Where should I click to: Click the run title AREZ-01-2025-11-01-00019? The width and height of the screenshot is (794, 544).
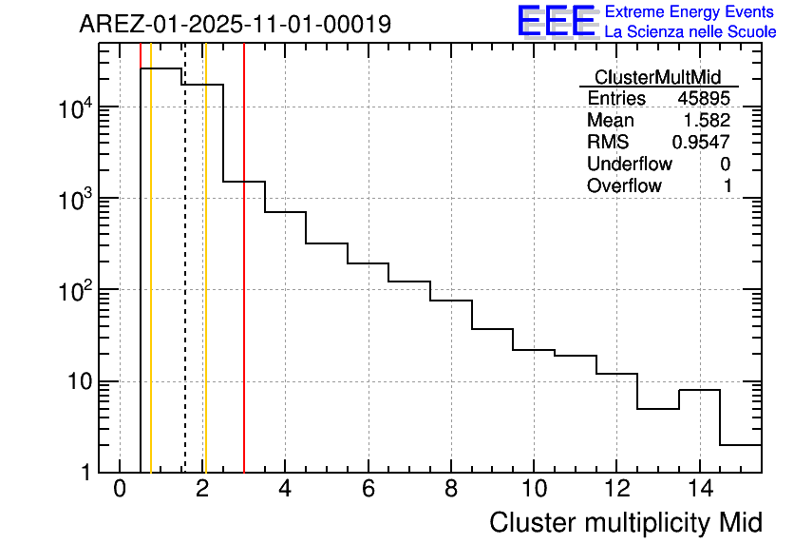[235, 24]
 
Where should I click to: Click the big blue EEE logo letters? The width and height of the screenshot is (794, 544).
[557, 21]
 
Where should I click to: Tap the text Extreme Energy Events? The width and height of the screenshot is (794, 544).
[690, 12]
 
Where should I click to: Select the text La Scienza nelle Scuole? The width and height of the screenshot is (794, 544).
[690, 32]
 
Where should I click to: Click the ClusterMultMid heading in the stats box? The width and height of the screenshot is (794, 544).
[657, 78]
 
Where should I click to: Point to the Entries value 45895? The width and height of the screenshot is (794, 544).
[704, 99]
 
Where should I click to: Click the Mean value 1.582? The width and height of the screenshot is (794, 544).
[708, 121]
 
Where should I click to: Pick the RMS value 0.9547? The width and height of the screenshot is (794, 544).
[701, 143]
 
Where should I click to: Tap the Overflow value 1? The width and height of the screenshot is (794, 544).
[728, 186]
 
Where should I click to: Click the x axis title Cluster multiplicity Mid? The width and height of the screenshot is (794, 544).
[625, 522]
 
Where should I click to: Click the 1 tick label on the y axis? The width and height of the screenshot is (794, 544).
[85, 473]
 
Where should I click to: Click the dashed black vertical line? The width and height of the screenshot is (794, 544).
[184, 285]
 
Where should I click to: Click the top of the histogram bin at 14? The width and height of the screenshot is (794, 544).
[699, 390]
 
